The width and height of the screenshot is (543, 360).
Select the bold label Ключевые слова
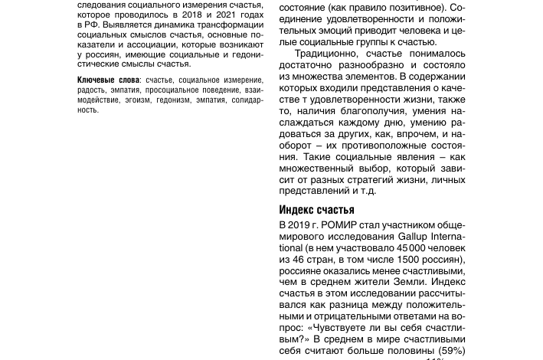click(108, 80)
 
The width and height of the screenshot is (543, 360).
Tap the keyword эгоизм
click(136, 100)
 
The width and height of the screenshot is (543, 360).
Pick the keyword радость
click(91, 90)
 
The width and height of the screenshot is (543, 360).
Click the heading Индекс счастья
click(316, 210)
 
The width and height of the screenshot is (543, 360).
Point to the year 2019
click(299, 226)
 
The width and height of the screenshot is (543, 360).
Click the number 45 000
click(413, 248)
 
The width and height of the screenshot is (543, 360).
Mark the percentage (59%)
click(452, 351)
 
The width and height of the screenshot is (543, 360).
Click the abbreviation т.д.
click(366, 191)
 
